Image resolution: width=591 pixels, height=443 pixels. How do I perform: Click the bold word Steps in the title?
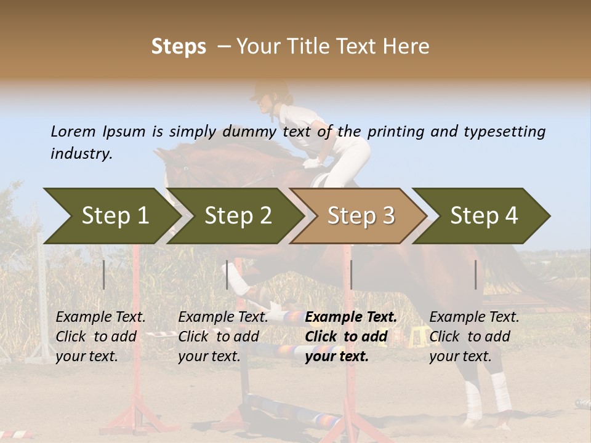179,47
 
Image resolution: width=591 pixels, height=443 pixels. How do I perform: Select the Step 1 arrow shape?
111,216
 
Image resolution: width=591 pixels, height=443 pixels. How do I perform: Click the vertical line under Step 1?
104,274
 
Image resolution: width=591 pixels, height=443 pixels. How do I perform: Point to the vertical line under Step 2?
227,274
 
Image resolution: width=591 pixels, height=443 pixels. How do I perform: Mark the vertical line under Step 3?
351,274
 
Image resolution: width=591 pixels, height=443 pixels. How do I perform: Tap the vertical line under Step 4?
476,274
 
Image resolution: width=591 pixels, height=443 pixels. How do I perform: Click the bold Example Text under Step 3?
351,317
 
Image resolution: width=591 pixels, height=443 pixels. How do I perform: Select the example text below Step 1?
100,337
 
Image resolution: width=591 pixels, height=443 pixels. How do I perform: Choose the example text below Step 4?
474,337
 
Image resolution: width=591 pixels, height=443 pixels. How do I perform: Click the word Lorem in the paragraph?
73,131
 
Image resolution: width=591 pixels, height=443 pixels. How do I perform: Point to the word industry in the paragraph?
81,154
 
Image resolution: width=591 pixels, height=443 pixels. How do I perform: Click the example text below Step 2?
223,337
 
